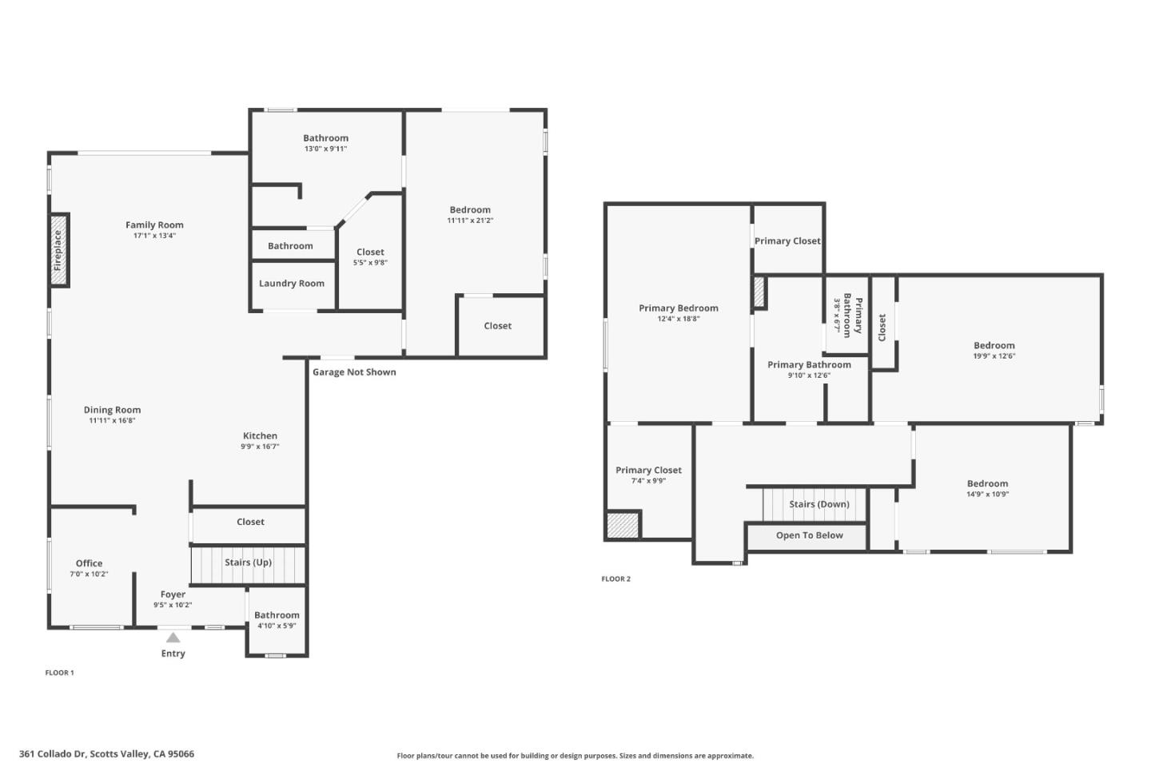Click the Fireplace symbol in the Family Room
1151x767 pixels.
pos(58,250)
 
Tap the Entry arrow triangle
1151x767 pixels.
pos(173,638)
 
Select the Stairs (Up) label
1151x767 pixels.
pos(248,562)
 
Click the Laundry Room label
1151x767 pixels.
pos(292,284)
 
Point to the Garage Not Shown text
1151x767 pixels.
pos(354,372)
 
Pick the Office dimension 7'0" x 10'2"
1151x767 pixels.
pos(89,574)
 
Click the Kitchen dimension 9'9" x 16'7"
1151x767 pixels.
pos(260,447)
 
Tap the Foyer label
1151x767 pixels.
pos(173,594)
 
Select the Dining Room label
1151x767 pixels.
pos(112,410)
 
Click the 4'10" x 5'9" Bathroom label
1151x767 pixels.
pos(277,615)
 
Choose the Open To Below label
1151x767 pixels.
pos(809,535)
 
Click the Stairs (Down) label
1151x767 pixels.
pos(818,504)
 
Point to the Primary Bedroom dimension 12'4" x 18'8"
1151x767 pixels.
pos(678,319)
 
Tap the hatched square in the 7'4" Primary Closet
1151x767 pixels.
pos(623,525)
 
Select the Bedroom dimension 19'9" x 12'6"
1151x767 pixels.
pos(994,356)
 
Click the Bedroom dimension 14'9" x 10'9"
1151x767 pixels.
pos(987,494)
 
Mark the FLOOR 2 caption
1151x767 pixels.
pos(615,579)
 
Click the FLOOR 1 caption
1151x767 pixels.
pos(59,673)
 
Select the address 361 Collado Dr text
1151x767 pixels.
pos(106,753)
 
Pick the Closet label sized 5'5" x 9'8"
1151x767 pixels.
pos(370,252)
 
